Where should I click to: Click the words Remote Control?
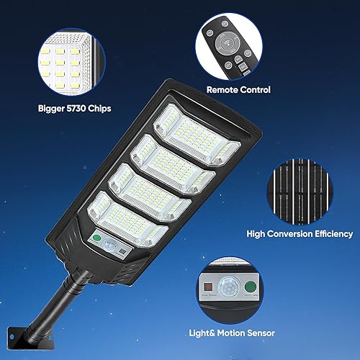click(x=238, y=90)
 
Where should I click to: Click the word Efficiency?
click(x=330, y=234)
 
